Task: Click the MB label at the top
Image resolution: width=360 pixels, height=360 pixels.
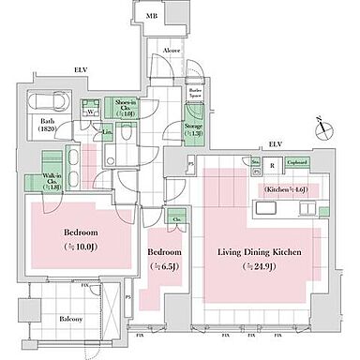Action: click(x=152, y=17)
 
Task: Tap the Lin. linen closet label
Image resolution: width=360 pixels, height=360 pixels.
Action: click(x=110, y=133)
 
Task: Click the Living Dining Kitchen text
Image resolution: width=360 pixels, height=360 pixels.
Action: click(x=246, y=252)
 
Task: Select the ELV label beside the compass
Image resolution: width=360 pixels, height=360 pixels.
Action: click(x=275, y=143)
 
